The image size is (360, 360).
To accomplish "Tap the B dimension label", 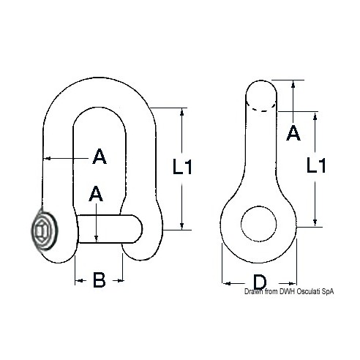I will [100, 279].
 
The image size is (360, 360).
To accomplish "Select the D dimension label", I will [259, 280].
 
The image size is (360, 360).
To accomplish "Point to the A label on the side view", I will [292, 133].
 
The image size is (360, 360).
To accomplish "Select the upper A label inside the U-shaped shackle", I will [99, 156].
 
